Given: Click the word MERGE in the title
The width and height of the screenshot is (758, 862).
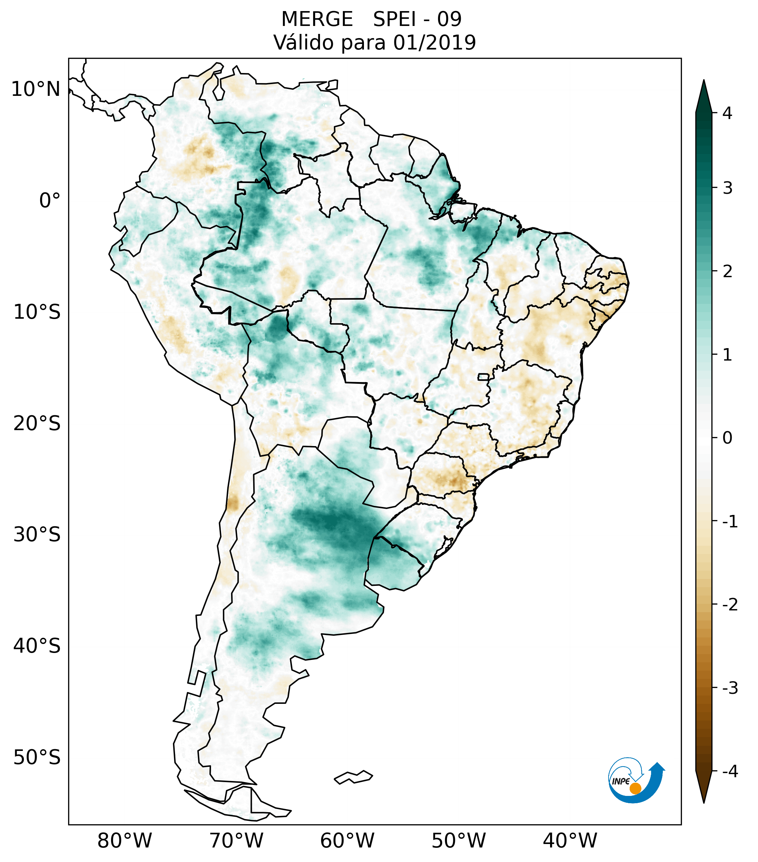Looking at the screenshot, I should pos(317,19).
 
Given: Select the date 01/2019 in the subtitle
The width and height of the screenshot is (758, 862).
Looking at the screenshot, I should pos(434,43).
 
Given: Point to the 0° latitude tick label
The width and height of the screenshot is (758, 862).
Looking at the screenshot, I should pos(49,201).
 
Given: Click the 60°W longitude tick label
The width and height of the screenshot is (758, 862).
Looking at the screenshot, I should pos(347,841).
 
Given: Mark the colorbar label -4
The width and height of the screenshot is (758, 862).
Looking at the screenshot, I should pos(730,772).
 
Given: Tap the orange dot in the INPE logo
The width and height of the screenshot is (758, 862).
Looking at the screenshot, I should pos(635,788).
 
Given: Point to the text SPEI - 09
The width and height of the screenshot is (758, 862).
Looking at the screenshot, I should pos(417,19).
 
